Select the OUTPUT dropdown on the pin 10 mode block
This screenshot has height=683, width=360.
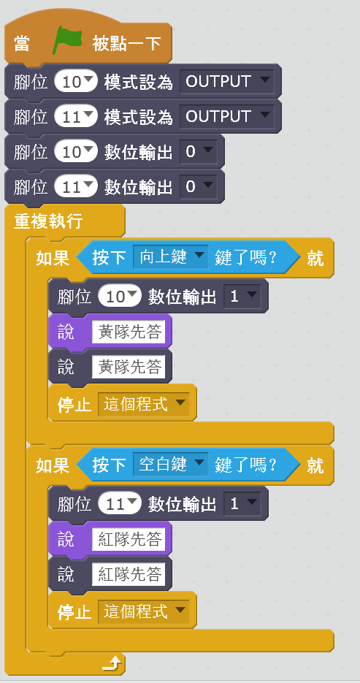(227, 82)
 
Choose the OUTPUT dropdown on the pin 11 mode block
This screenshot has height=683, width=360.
(227, 116)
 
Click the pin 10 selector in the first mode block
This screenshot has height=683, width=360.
(76, 82)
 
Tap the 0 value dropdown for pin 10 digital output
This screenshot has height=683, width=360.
(199, 152)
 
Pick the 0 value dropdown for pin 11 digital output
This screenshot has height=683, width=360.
(199, 187)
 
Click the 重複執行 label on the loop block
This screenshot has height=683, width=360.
(48, 221)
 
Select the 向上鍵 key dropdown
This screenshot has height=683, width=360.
(171, 257)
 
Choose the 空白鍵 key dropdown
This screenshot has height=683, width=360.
(171, 465)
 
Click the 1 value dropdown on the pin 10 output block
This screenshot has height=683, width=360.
(242, 297)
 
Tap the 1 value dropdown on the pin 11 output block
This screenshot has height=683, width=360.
(242, 504)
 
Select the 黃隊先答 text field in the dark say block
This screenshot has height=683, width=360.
(129, 367)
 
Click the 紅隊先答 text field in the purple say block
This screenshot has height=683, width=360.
(129, 540)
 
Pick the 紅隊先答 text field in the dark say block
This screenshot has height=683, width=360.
(129, 575)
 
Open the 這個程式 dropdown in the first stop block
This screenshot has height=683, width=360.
(144, 404)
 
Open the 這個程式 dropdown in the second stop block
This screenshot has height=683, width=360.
(144, 611)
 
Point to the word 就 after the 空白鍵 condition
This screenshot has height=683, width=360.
(315, 465)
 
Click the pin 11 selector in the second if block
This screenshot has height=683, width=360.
(120, 504)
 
